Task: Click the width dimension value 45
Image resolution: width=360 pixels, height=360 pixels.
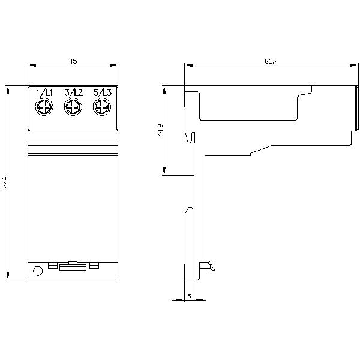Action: click(x=73, y=61)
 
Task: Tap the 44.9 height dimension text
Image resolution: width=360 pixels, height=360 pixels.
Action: click(x=160, y=131)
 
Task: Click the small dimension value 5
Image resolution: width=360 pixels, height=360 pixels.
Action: click(x=189, y=296)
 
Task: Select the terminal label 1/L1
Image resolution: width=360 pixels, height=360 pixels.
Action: click(x=44, y=92)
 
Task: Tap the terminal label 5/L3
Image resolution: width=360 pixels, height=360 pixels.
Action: click(x=101, y=92)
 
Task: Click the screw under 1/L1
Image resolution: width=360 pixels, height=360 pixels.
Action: click(x=44, y=108)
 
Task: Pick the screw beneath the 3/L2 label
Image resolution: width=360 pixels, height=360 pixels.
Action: click(x=72, y=108)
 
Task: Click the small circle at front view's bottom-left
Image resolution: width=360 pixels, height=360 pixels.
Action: click(x=37, y=271)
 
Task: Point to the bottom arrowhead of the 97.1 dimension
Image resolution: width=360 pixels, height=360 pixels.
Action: click(x=8, y=277)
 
